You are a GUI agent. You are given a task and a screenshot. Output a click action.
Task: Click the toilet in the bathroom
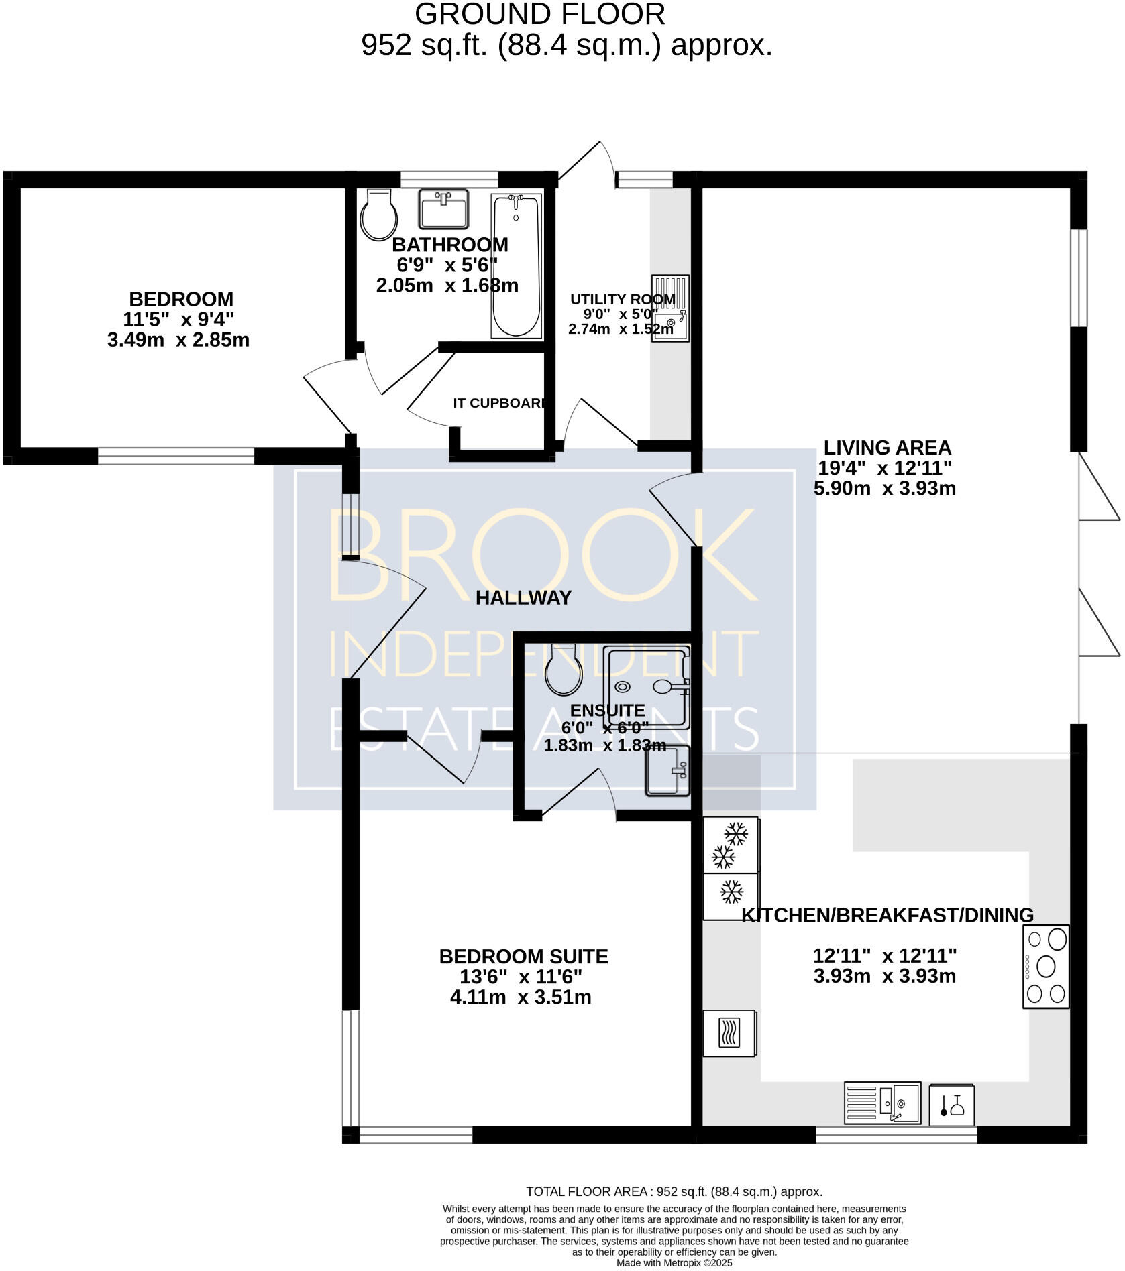point(379,214)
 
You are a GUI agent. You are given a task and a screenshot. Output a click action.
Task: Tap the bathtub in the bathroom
point(516,266)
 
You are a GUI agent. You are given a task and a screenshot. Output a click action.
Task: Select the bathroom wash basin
point(443,208)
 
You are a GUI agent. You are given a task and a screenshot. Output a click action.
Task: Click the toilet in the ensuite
point(563,669)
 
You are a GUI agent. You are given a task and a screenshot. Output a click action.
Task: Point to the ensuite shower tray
point(647,686)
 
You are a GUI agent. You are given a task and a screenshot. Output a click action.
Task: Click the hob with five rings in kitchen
point(1045,966)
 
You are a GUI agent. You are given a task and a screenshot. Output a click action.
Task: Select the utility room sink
point(670,308)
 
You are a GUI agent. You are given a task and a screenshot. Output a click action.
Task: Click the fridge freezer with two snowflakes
point(731,845)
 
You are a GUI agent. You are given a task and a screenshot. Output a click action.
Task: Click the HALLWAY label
point(523,597)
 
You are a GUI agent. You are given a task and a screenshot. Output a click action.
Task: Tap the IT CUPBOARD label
point(499,403)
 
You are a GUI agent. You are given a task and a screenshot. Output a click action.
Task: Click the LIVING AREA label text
point(887,447)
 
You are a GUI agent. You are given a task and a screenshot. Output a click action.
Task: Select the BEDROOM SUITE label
point(523,956)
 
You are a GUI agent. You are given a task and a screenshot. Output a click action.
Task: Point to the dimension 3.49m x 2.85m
point(178,340)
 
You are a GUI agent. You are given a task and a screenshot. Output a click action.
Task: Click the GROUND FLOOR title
point(540,14)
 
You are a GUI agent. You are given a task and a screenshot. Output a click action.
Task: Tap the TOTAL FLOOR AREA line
point(674,1192)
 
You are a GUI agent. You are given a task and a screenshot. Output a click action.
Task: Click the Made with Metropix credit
point(674,1262)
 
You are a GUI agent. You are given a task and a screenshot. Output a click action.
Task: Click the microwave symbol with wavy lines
point(730,1033)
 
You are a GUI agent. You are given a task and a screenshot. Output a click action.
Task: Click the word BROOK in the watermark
point(541,554)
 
